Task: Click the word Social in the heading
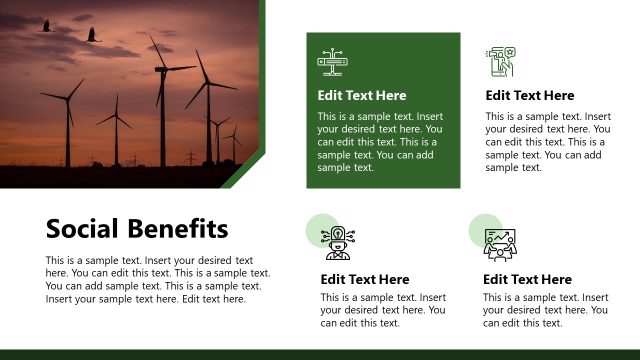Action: coord(82,229)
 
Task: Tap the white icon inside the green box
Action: coord(332,61)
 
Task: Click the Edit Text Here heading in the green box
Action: coord(362,96)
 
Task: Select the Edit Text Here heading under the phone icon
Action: coord(530,96)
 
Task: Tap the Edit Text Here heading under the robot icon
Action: coord(365,279)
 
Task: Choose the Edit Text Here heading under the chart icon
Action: coord(528,279)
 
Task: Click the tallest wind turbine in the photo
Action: coord(163,100)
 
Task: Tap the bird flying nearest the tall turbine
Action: coord(93,35)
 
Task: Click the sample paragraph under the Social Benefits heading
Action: coord(158,279)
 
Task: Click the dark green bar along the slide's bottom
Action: coord(320,354)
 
